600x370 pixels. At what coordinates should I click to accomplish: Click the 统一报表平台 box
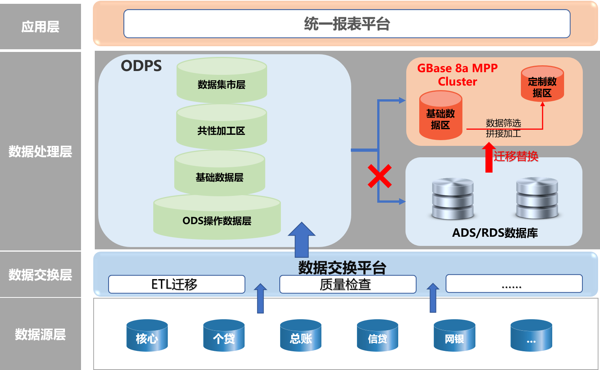(347, 24)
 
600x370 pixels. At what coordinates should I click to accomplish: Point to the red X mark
(379, 176)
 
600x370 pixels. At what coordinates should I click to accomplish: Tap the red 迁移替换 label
(516, 156)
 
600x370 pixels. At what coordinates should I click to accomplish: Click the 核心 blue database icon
(147, 336)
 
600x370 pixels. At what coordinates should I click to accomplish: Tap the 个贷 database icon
(224, 336)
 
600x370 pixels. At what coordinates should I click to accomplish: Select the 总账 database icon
(301, 336)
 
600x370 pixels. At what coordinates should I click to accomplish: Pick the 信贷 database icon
(378, 336)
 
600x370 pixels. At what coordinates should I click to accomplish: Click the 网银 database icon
(454, 336)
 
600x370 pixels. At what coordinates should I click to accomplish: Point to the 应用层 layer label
(40, 27)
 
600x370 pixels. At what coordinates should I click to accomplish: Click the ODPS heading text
(141, 66)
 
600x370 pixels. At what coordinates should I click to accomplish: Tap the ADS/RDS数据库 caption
(495, 233)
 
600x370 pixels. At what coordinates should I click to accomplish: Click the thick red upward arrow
(489, 157)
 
